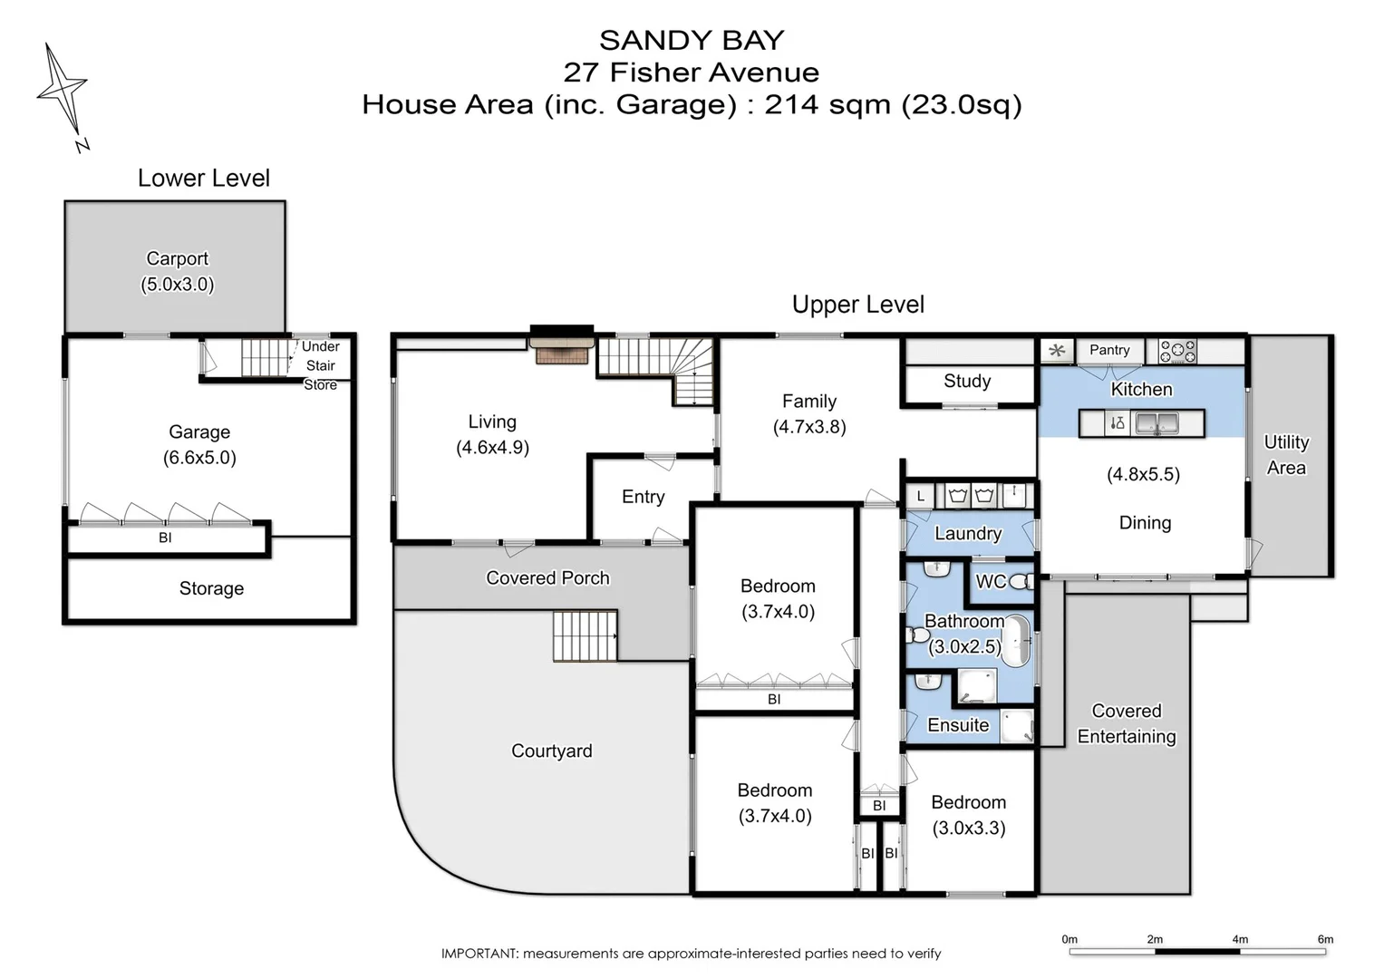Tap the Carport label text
pos(178,259)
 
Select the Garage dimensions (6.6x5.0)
pos(199,458)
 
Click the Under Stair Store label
pos(321,365)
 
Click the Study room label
pos(967,382)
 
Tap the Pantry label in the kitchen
pos(1109,350)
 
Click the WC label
pos(991,582)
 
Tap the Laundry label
pos(968,534)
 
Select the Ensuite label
pos(958,725)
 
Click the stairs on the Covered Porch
pos(586,636)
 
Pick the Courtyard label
pos(551,751)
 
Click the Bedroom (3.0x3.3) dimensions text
pos(969,828)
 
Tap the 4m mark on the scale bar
pos(1240,940)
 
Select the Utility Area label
pos(1286,455)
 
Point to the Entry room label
pos(644,497)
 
